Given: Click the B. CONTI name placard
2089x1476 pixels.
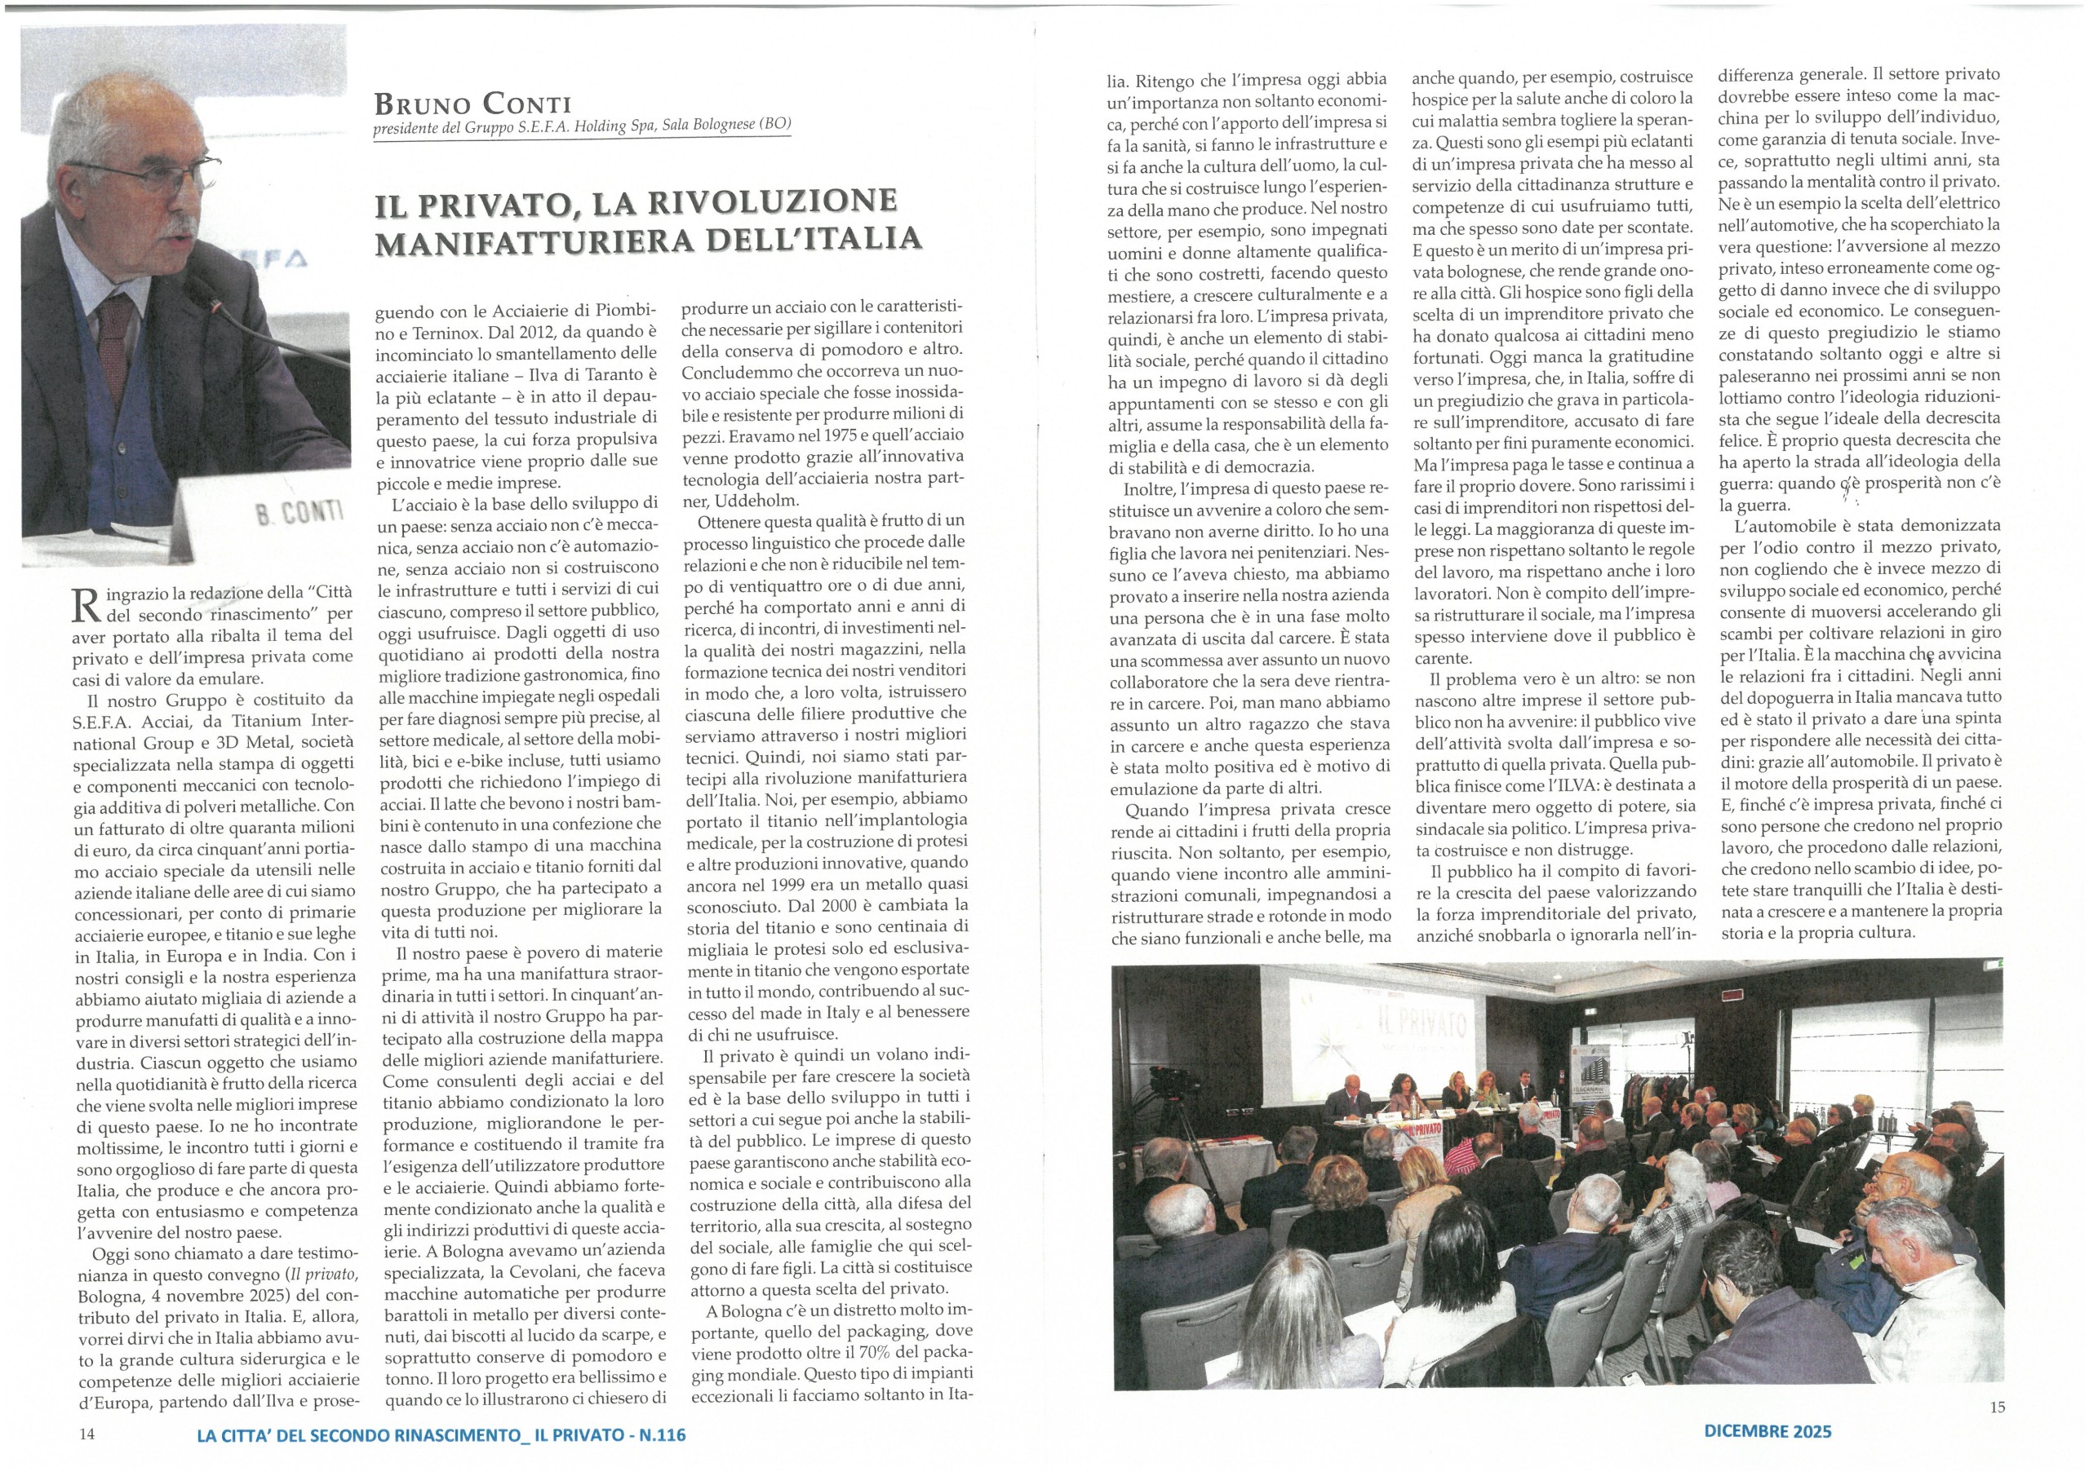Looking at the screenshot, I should coord(301,514).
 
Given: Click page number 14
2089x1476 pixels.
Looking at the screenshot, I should coord(86,1435).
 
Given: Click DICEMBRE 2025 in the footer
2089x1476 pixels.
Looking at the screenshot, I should coord(1767,1430).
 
